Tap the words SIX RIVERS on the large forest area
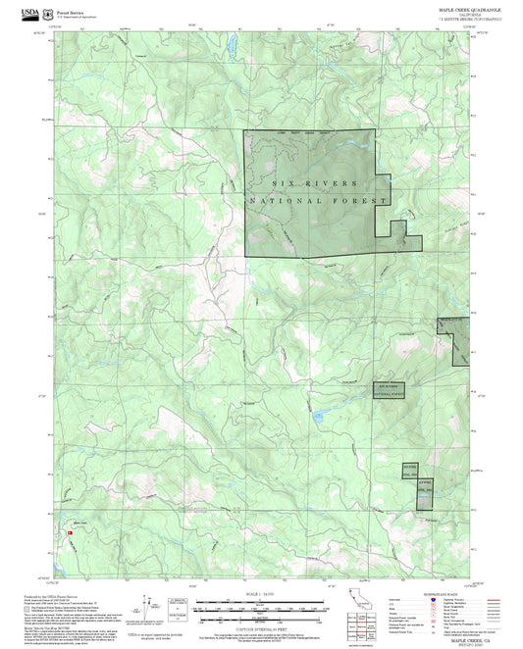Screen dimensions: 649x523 tap(314, 182)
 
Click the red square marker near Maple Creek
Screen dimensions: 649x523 tap(69, 532)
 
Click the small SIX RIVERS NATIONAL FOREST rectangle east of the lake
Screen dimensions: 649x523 tap(389, 389)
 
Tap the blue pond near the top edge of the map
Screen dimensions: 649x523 tap(232, 45)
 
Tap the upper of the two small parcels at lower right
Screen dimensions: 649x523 tap(409, 467)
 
